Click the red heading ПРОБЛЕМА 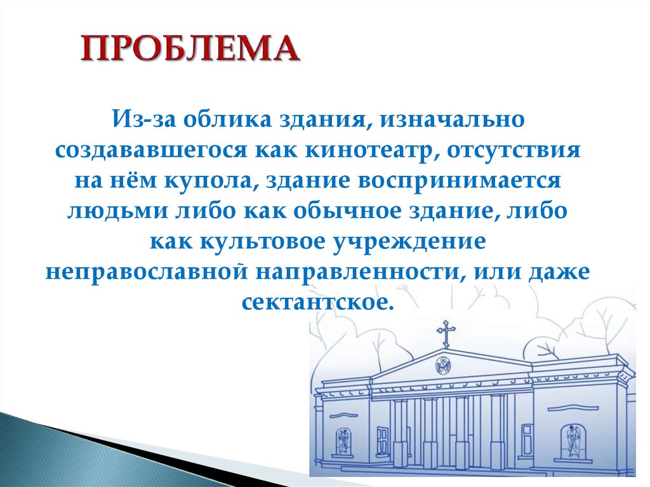[190, 49]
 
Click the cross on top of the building [446, 333]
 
